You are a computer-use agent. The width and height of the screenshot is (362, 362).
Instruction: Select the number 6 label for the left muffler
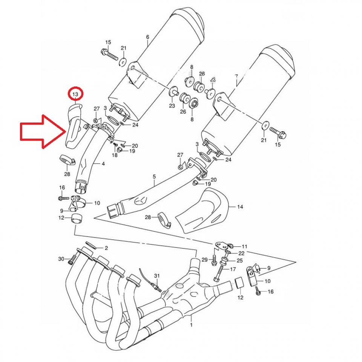pyautogui.click(x=147, y=37)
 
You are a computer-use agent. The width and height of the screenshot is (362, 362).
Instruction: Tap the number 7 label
pyautogui.click(x=236, y=77)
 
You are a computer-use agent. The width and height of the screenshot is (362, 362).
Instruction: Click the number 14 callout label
pyautogui.click(x=240, y=207)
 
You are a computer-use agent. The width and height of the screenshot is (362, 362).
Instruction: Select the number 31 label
pyautogui.click(x=157, y=276)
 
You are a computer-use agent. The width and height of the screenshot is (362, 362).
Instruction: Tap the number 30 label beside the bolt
pyautogui.click(x=61, y=259)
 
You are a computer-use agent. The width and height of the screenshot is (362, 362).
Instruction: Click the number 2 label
pyautogui.click(x=106, y=248)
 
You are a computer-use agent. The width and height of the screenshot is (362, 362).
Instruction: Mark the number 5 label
pyautogui.click(x=154, y=176)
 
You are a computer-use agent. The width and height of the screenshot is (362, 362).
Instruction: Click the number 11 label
pyautogui.click(x=245, y=246)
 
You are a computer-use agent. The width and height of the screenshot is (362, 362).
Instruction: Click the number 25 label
pyautogui.click(x=239, y=261)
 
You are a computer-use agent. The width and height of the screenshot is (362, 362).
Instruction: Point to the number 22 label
pyautogui.click(x=241, y=253)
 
